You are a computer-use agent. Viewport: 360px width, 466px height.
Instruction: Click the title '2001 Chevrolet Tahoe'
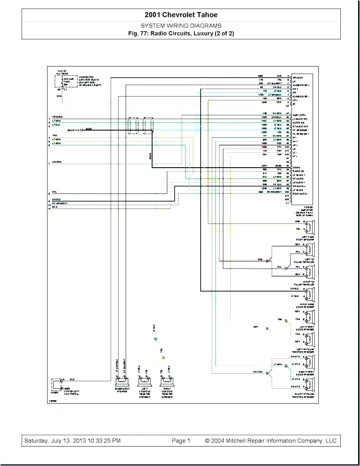[181, 15]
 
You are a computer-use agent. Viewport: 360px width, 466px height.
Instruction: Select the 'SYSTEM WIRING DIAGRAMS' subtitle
[181, 25]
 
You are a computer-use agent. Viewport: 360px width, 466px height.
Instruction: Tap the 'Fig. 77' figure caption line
[181, 33]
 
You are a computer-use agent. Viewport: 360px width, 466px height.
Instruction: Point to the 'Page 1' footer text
[181, 441]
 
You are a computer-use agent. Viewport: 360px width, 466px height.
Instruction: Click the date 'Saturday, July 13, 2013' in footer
[72, 441]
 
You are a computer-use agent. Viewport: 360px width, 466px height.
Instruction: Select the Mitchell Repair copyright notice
[271, 441]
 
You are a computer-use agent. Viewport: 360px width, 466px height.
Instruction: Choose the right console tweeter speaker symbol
[167, 382]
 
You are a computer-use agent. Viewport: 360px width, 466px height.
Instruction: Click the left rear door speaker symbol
[310, 226]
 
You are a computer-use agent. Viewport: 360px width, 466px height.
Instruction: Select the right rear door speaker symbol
[310, 294]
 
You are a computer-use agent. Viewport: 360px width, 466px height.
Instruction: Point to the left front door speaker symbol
[310, 317]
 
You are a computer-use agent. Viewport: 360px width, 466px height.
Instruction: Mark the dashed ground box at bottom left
[57, 384]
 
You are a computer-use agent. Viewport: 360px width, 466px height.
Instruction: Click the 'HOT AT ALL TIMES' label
[61, 72]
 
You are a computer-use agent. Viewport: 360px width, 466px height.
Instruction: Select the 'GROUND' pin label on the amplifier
[300, 76]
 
